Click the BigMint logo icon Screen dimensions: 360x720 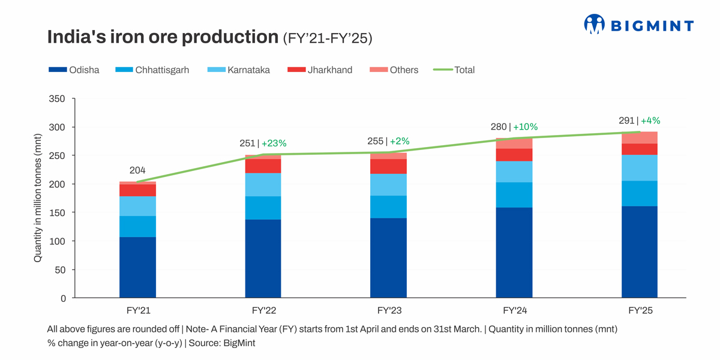(x=594, y=24)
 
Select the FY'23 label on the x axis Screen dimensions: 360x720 (x=389, y=311)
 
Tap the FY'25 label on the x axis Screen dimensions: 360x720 (x=640, y=311)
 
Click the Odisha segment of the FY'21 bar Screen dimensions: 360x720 (x=137, y=267)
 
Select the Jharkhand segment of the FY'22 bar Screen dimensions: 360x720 (x=263, y=166)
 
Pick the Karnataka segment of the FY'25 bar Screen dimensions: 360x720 (x=640, y=167)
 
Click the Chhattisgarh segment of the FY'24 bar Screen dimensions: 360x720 (x=514, y=194)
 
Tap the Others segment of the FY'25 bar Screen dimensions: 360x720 (x=640, y=137)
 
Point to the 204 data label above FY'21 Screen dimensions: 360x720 (x=137, y=170)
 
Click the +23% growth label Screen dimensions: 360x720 (x=274, y=143)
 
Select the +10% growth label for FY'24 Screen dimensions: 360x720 (x=526, y=127)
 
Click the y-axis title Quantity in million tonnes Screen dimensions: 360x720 (x=38, y=199)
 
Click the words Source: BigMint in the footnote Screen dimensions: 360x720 (x=222, y=343)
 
